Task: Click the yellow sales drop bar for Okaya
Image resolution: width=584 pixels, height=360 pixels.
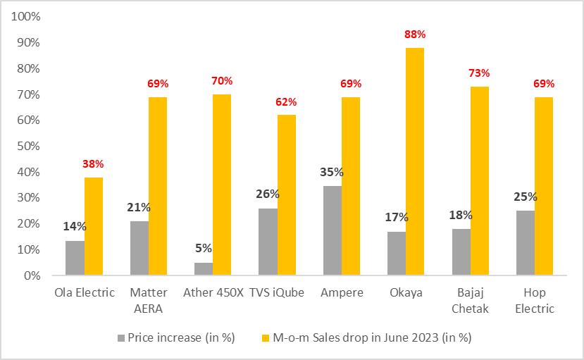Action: coord(414,161)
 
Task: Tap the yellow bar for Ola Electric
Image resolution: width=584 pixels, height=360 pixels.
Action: coord(94,226)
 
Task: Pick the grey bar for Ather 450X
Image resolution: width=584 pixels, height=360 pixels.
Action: coord(204,268)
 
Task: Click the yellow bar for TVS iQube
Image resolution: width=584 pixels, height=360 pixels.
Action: coord(287,195)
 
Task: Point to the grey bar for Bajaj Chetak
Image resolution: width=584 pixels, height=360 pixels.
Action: coord(461,252)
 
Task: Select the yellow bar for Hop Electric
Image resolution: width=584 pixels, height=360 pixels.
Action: coord(543,186)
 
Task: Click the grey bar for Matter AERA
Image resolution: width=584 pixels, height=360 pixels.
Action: coord(139,248)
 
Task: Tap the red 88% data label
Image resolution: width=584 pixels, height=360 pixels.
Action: coord(415,34)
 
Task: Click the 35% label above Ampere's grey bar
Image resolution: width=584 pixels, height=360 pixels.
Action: coord(331,172)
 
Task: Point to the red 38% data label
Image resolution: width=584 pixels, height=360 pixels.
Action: coord(93,163)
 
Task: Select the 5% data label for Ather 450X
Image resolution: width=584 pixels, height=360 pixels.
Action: coord(204,249)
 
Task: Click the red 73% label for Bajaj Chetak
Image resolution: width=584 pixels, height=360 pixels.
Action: coord(479,73)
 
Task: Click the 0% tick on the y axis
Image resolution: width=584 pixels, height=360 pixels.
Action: coord(31,275)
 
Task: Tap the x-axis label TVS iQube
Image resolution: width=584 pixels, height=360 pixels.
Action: coord(277,293)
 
